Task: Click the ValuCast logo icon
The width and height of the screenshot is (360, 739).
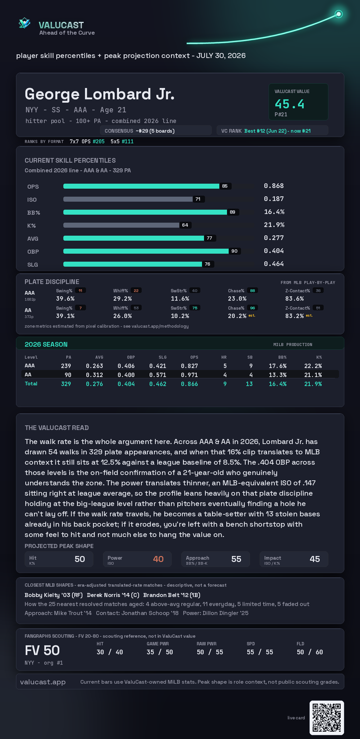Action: tap(25, 23)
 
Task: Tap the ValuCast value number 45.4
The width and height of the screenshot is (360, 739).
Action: tap(289, 104)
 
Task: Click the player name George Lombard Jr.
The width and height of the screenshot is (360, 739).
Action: tap(100, 94)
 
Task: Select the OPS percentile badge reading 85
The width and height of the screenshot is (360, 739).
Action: tap(225, 186)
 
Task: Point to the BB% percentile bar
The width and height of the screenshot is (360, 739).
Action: tap(145, 212)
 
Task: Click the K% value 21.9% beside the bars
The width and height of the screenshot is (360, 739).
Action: tap(274, 225)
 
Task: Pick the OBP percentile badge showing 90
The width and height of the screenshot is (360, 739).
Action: tap(235, 251)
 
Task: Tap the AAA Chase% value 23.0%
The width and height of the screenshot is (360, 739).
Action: tap(237, 299)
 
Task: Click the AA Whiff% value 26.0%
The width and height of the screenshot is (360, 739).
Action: tap(122, 316)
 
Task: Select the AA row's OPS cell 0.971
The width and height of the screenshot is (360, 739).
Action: tap(189, 375)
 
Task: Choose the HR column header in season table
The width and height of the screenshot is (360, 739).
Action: tap(224, 357)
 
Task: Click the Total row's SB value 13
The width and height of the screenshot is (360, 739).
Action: tap(249, 384)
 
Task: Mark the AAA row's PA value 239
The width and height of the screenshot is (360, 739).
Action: tap(66, 366)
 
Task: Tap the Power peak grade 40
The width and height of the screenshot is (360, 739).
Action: tap(158, 559)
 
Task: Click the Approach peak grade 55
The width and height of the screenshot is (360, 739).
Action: tap(236, 559)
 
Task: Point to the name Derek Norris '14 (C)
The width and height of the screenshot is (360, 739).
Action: tap(113, 595)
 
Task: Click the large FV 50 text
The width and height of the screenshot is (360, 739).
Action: tap(42, 650)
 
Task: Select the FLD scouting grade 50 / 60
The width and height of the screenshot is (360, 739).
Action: tap(310, 652)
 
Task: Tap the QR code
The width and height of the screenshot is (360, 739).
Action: tap(327, 718)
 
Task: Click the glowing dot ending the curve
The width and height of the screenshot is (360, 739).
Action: tap(339, 14)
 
